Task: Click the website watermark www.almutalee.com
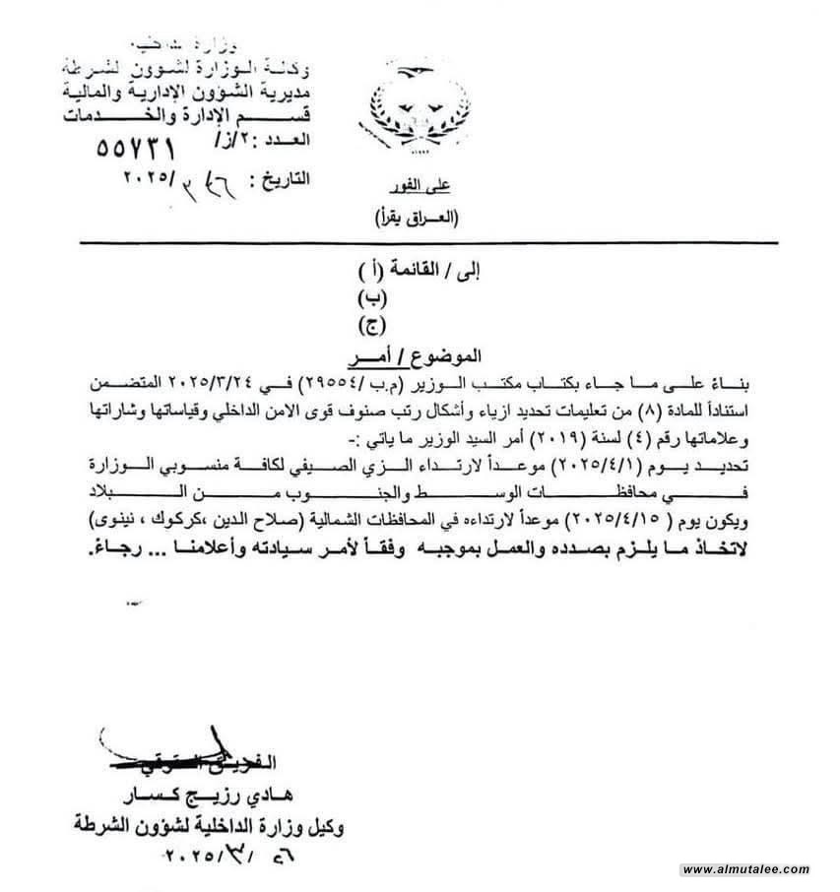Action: coord(745,869)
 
